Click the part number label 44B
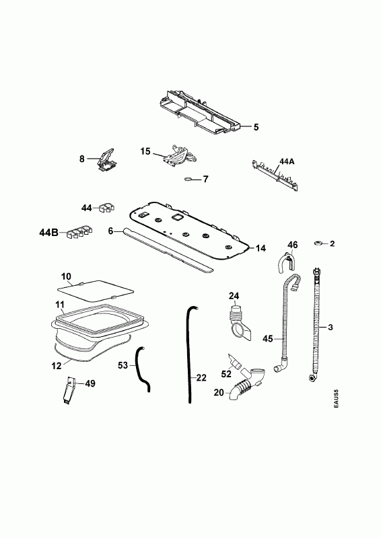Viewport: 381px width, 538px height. tap(48, 233)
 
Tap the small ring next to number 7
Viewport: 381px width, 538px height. tap(188, 179)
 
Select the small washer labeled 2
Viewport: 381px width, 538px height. tap(318, 243)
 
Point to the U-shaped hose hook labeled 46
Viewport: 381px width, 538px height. tap(285, 262)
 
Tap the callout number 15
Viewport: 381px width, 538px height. tap(145, 151)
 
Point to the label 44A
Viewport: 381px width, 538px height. tap(287, 161)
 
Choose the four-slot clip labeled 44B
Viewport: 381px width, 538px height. tap(79, 232)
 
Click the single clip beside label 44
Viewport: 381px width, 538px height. tap(106, 208)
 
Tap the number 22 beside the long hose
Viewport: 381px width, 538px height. tap(201, 378)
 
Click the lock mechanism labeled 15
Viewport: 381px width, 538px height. tap(180, 156)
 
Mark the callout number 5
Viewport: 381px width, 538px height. tap(256, 127)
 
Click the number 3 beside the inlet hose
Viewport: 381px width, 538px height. tap(330, 327)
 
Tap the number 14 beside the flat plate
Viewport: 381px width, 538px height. tap(261, 248)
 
